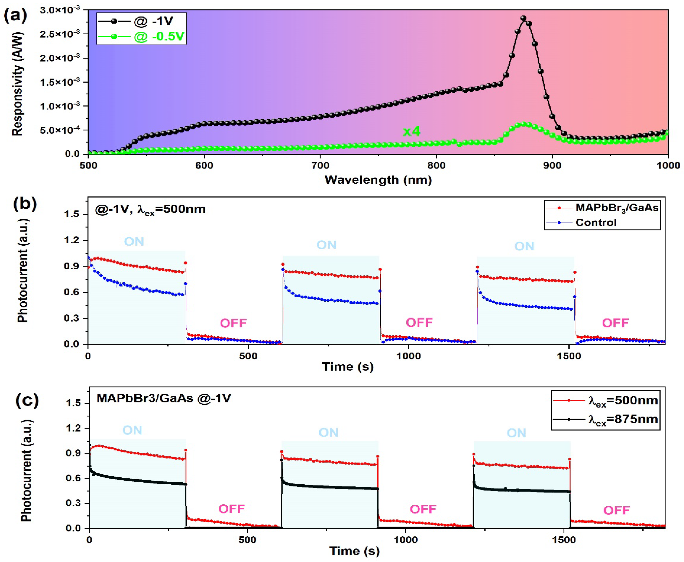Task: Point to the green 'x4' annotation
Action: pos(411,132)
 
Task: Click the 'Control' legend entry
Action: pos(596,223)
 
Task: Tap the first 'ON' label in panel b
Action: pos(134,242)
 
